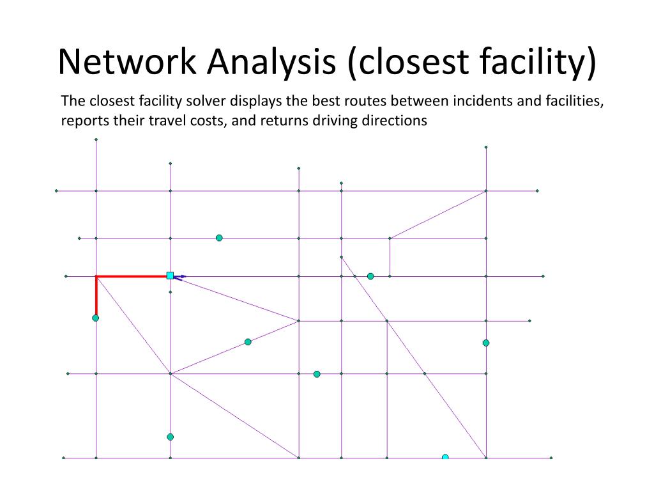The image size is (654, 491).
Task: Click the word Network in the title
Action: (x=127, y=61)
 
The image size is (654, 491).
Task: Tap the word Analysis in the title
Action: (x=271, y=63)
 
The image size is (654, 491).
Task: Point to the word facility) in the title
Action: (x=538, y=63)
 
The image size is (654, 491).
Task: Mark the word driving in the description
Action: (x=335, y=121)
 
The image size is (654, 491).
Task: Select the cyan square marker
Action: (x=170, y=276)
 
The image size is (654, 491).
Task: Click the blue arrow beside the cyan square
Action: (x=180, y=276)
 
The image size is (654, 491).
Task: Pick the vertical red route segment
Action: (x=96, y=295)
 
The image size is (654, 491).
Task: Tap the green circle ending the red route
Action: (x=96, y=318)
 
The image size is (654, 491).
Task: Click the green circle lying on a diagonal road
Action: (x=248, y=342)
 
